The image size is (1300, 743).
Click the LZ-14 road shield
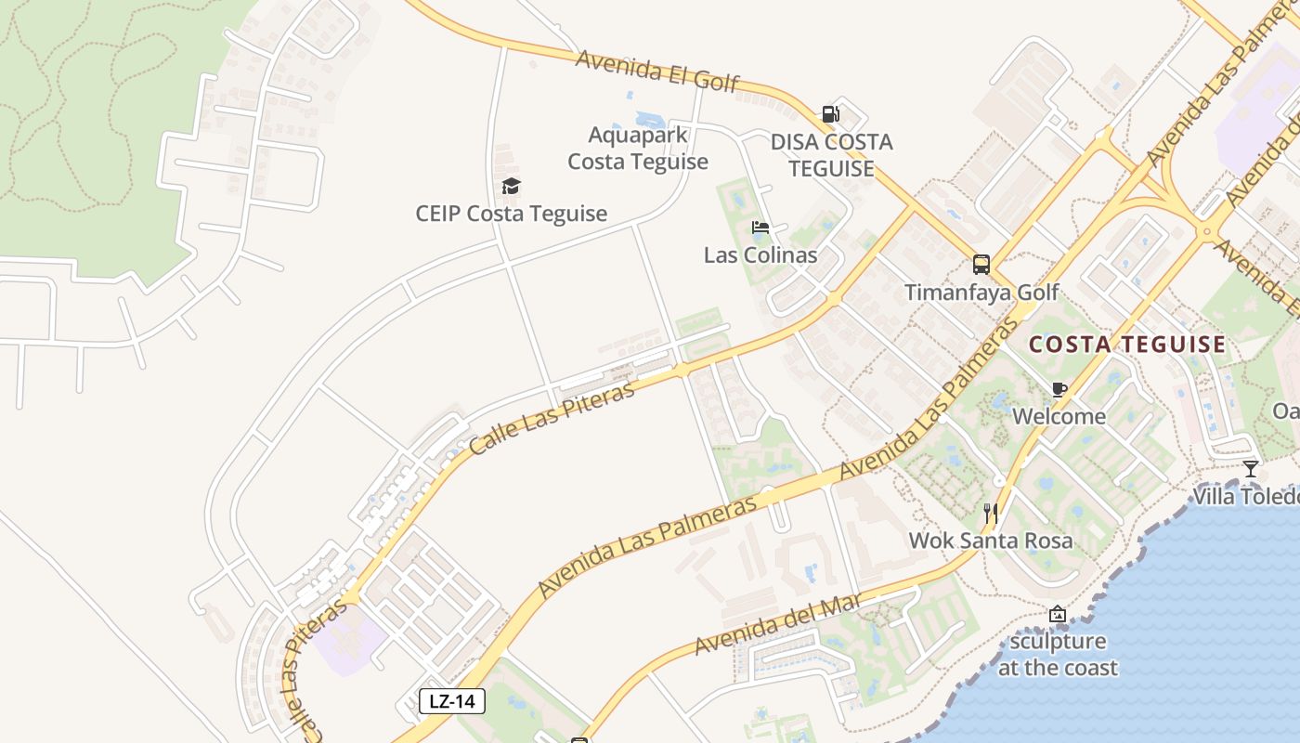pos(452,701)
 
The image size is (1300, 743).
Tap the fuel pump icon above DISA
pos(830,114)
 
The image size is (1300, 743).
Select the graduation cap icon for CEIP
pos(511,187)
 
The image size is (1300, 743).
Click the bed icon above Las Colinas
pos(760,228)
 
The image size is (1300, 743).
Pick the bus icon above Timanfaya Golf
pos(981,265)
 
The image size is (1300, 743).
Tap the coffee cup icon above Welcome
pos(1059,389)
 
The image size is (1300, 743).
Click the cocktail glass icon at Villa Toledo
pos(1251,469)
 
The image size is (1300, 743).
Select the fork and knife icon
pos(991,513)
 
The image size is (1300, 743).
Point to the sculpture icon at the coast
pos(1057,614)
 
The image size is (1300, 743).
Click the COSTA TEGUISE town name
pos(1127,345)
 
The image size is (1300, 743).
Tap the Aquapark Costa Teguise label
pos(638,149)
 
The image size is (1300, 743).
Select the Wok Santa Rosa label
pos(991,541)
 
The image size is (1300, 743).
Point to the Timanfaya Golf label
pos(981,293)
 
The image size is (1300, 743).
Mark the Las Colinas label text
pos(760,255)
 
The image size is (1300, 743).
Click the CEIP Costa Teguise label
pos(511,214)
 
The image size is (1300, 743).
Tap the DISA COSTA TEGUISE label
pos(831,155)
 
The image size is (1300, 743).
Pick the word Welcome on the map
pos(1059,416)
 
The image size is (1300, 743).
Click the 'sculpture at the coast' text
pos(1058,655)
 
